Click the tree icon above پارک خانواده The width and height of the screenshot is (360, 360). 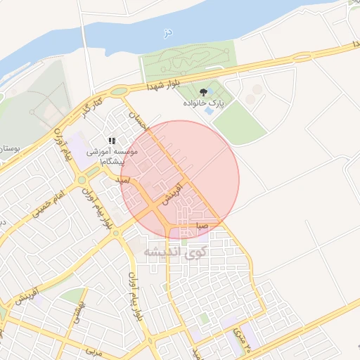pos(204,91)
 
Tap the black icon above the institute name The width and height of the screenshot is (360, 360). pos(112,141)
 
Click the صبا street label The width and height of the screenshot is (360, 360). pos(202,226)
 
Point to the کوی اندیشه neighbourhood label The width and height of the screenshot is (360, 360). pos(175,251)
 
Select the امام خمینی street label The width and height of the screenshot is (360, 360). pos(47,202)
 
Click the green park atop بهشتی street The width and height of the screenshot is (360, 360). pos(72,295)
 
